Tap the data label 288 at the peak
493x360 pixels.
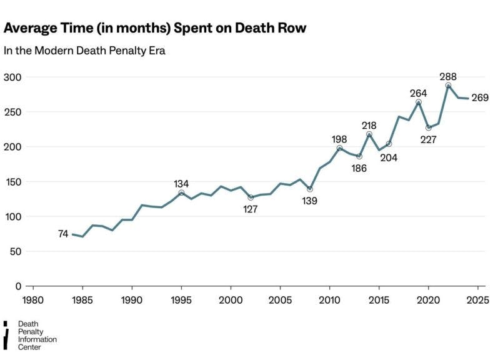[448, 77]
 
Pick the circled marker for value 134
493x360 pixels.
[181, 193]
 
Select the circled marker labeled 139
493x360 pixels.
[310, 189]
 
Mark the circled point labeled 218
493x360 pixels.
[369, 134]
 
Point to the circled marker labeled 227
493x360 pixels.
[429, 127]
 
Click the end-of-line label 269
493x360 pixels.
[479, 98]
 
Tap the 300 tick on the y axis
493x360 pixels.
[12, 77]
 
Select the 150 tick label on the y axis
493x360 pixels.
[12, 182]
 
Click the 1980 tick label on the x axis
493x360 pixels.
[32, 299]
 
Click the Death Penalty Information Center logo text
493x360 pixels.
[37, 335]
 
